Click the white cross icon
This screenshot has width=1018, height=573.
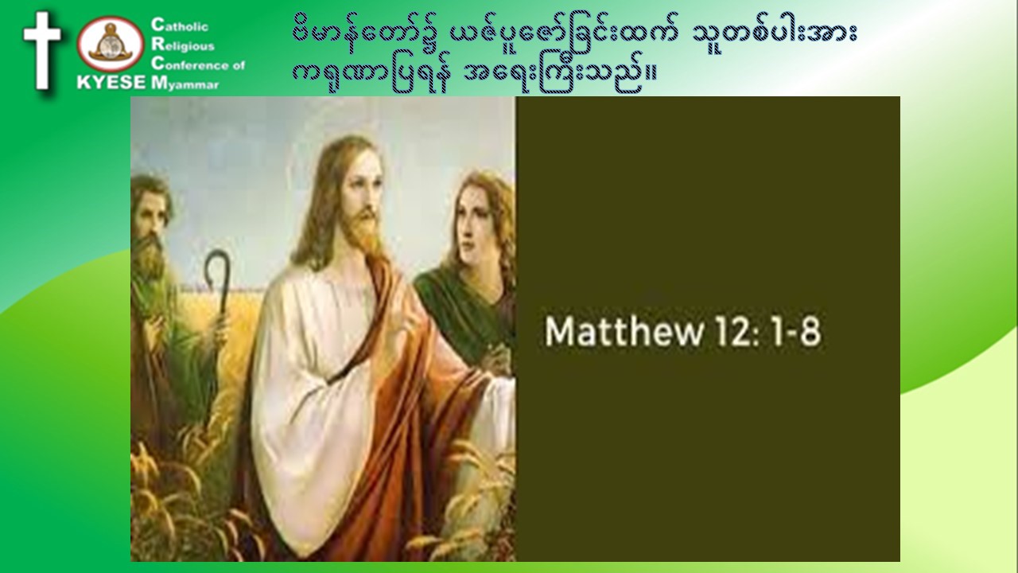coord(42,50)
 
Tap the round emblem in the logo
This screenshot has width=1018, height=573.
coord(111,44)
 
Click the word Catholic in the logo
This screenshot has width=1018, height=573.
coord(180,25)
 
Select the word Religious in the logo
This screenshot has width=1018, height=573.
coord(183,45)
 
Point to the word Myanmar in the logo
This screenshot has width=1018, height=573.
coord(185,84)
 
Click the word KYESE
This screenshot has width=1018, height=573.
coord(111,82)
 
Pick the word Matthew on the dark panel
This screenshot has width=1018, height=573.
coord(624,332)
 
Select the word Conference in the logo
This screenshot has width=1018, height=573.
coord(192,64)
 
